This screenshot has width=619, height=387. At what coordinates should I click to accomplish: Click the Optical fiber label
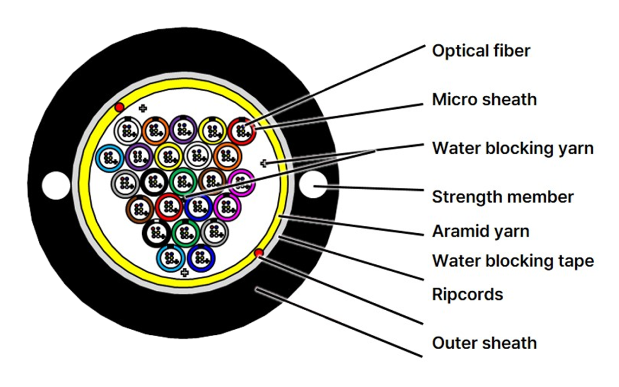[x=481, y=51]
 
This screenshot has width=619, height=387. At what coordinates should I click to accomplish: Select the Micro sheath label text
[x=484, y=100]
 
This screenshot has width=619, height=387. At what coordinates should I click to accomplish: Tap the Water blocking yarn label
[x=513, y=148]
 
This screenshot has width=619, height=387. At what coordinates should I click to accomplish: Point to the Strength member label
[x=503, y=197]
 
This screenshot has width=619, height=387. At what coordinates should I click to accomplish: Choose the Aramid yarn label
[x=480, y=232]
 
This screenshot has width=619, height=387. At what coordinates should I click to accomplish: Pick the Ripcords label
[x=468, y=295]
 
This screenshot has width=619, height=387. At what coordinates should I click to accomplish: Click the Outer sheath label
[x=484, y=343]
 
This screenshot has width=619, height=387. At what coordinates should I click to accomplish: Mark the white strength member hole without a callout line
[x=56, y=186]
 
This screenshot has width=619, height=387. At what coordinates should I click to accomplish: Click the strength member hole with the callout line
[x=313, y=185]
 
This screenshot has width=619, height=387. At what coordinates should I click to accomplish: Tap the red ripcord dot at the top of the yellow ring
[x=119, y=107]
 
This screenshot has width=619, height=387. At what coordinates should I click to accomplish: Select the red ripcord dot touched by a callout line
[x=258, y=253]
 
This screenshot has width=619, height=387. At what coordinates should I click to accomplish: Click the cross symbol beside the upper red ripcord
[x=143, y=108]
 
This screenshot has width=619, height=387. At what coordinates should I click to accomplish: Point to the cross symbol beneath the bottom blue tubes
[x=184, y=272]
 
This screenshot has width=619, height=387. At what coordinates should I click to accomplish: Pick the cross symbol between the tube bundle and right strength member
[x=264, y=163]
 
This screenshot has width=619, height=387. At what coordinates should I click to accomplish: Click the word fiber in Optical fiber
[x=512, y=51]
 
